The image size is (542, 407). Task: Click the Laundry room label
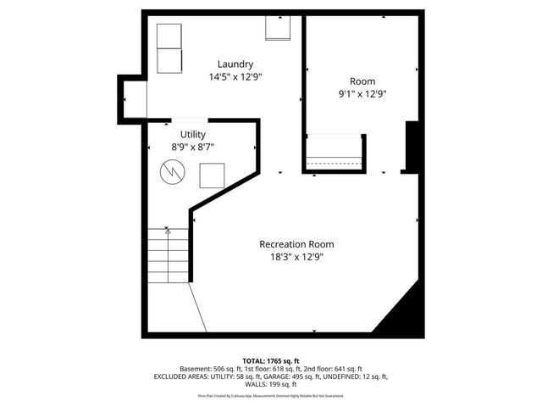click(235, 64)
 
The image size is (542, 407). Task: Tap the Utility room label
click(192, 135)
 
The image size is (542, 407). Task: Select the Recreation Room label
click(290, 244)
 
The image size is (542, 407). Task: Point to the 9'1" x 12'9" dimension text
click(362, 95)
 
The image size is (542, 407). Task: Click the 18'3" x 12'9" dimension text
click(291, 257)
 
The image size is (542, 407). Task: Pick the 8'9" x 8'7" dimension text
click(192, 148)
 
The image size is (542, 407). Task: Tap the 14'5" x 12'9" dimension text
click(235, 77)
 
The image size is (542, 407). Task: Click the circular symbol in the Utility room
click(172, 172)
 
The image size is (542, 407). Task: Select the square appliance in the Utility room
click(212, 176)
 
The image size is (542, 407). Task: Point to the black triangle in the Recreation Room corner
click(403, 310)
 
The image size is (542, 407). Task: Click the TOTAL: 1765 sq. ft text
click(270, 360)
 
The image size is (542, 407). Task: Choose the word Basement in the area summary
click(197, 369)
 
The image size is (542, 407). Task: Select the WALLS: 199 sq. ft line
click(270, 384)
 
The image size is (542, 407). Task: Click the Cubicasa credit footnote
click(270, 395)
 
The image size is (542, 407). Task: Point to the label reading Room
click(362, 81)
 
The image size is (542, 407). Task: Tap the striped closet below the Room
click(334, 153)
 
